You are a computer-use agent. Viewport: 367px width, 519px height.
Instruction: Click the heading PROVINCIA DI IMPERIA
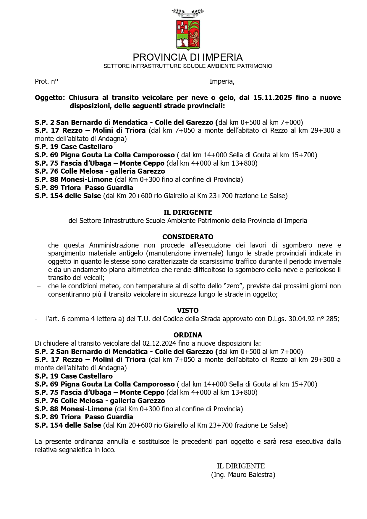click(x=188, y=57)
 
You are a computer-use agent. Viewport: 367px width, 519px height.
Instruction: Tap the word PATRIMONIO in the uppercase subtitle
click(x=255, y=66)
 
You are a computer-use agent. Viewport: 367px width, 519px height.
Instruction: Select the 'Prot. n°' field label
click(x=46, y=82)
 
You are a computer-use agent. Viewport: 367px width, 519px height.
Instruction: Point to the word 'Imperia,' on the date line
click(x=222, y=82)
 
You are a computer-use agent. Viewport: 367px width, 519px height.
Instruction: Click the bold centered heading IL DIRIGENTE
click(x=188, y=212)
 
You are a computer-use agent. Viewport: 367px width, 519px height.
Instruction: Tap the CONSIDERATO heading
click(x=188, y=237)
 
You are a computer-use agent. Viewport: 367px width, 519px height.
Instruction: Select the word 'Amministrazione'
click(x=114, y=245)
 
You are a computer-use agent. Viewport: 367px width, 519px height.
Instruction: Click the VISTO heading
click(x=188, y=311)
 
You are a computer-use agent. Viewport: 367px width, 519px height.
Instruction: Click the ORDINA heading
click(x=188, y=335)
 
